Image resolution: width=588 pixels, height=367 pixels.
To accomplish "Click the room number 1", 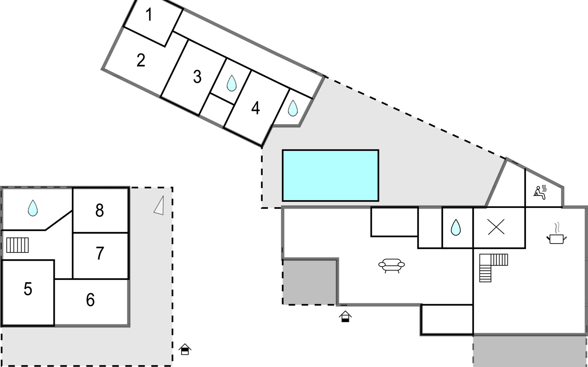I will (x=149, y=15).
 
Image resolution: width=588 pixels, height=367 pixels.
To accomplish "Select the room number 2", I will (x=141, y=60).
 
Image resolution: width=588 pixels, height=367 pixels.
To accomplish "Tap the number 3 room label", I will (x=197, y=76).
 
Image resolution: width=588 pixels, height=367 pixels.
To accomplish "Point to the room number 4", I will (x=255, y=108).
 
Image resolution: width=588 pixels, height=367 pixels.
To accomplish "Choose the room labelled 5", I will (x=28, y=289).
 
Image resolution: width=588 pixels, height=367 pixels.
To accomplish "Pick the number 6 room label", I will (x=90, y=300).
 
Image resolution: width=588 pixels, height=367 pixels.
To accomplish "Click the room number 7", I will (x=100, y=253).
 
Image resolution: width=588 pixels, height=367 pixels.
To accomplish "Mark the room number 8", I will (x=100, y=210).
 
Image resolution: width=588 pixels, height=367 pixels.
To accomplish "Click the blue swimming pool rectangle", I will (x=330, y=175).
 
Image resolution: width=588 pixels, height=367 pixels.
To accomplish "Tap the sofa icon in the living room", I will (x=391, y=265).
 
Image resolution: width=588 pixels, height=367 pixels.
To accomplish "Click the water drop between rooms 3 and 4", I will (x=232, y=83).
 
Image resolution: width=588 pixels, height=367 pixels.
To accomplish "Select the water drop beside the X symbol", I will (x=456, y=227).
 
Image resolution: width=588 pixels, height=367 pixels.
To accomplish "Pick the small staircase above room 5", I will (x=17, y=245).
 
